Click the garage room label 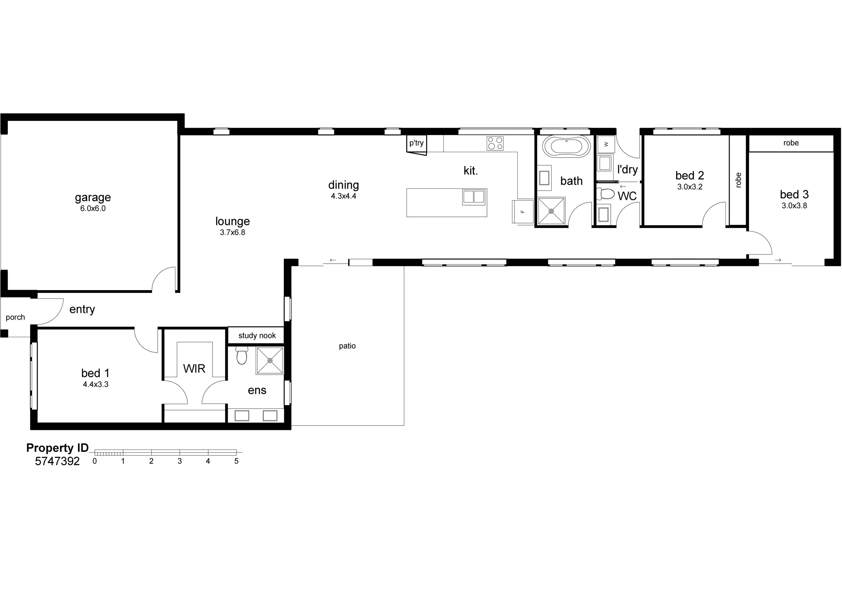coord(93,198)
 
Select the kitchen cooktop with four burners coord(495,143)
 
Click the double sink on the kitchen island coord(474,197)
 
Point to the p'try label coord(417,143)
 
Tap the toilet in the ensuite coord(241,355)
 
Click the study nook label coord(257,336)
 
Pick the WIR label coord(194,369)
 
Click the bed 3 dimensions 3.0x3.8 coord(794,206)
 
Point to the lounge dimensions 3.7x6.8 coord(233,232)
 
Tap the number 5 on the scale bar coord(236,461)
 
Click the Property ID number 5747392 coord(57,461)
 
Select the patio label coord(347,346)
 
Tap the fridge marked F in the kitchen coord(523,211)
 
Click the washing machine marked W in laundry coord(606,144)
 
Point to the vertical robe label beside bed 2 coord(738,180)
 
